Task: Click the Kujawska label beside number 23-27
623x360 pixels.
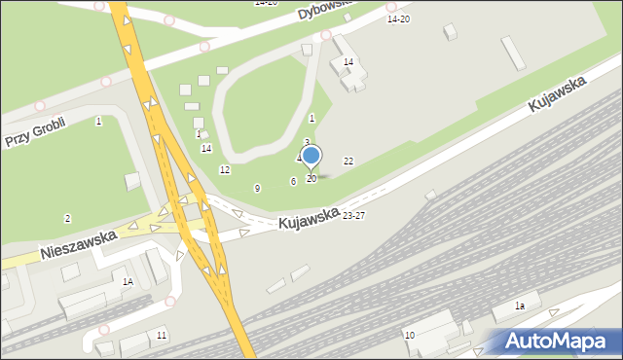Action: point(309,218)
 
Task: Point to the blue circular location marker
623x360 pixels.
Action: point(311,156)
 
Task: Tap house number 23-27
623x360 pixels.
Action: point(354,216)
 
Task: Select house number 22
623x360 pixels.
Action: point(348,161)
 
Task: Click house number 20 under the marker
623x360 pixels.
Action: point(311,179)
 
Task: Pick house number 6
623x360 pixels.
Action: point(293,181)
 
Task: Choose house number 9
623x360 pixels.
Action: point(257,188)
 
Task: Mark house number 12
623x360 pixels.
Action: point(225,170)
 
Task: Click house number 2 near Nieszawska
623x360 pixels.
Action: point(67,218)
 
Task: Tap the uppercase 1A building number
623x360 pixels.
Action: point(128,282)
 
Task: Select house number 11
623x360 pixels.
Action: point(162,336)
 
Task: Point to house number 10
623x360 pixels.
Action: point(410,336)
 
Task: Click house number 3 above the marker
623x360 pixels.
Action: point(307,142)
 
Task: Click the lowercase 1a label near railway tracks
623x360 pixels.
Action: point(520,306)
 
